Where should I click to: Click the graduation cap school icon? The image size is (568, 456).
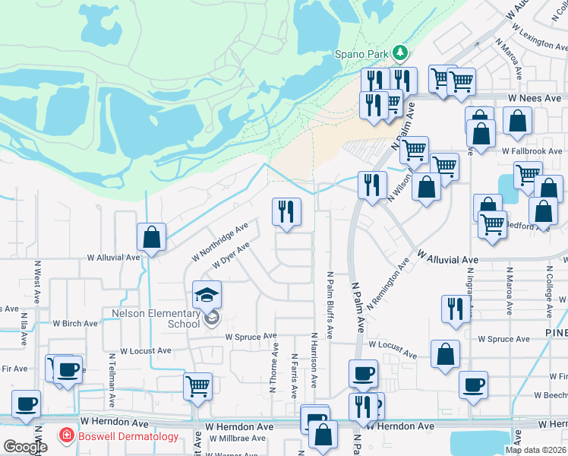click(x=207, y=293)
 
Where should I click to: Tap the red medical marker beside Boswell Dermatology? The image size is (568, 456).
click(x=67, y=435)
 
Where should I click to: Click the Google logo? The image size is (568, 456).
click(x=25, y=447)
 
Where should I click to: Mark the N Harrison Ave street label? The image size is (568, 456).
click(x=313, y=361)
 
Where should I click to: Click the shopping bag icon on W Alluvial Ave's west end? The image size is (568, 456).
click(x=152, y=237)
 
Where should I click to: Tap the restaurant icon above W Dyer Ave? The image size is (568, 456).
click(x=287, y=211)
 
